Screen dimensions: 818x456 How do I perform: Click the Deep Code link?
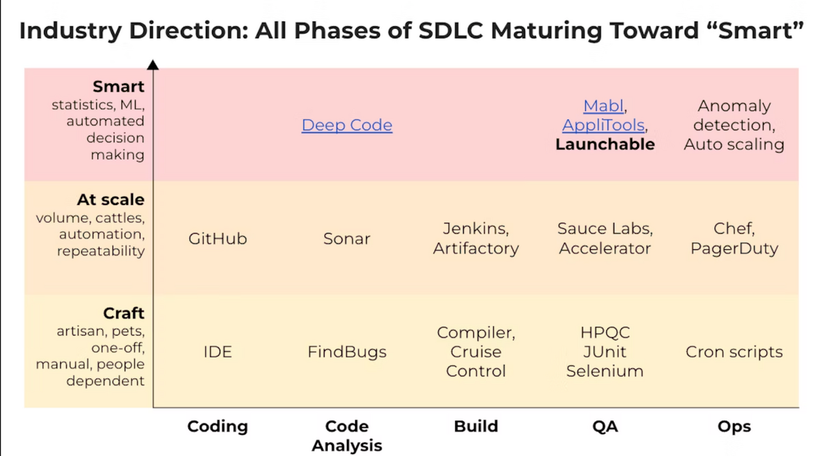[347, 125]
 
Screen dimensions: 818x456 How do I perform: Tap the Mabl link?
[603, 106]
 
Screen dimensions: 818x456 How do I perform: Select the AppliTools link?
[603, 125]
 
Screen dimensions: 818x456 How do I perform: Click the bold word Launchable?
[605, 144]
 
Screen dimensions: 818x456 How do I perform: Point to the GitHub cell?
[218, 239]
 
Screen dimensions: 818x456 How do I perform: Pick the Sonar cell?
[346, 239]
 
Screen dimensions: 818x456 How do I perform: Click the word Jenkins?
[474, 229]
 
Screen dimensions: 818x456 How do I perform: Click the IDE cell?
[218, 352]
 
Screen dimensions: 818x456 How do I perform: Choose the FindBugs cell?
[347, 353]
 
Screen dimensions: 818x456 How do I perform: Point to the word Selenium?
[605, 371]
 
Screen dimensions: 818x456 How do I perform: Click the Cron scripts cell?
[734, 352]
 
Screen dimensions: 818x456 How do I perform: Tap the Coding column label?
[218, 427]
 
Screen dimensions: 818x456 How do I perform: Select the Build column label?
[476, 426]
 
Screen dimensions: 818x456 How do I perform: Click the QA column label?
[605, 427]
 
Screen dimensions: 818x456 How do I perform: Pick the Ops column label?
[734, 427]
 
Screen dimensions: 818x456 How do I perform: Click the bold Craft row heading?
[124, 313]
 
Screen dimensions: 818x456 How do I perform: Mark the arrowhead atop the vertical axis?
[153, 65]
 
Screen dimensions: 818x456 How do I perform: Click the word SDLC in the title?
[451, 30]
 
